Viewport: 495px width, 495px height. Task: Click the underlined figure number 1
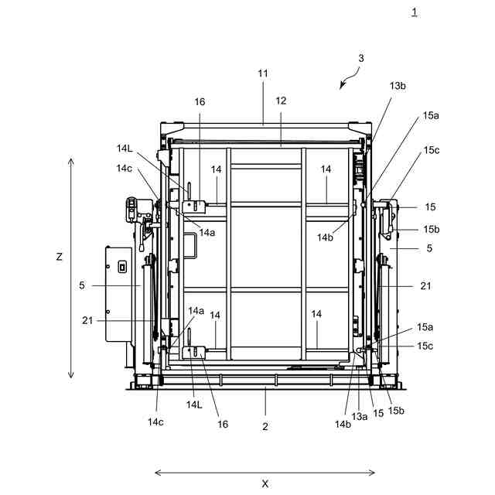click(x=415, y=12)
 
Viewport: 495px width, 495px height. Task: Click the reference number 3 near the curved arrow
click(x=360, y=58)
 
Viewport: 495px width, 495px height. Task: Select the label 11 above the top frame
click(x=263, y=73)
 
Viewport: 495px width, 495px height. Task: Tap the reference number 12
click(x=281, y=101)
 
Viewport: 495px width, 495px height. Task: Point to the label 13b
click(x=398, y=86)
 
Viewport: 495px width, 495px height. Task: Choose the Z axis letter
click(x=60, y=257)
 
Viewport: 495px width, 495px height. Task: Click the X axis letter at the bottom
click(x=265, y=484)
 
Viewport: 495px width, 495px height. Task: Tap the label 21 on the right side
click(x=425, y=286)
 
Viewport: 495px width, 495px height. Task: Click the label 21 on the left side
click(x=87, y=319)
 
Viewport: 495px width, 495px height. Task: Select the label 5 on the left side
click(x=82, y=285)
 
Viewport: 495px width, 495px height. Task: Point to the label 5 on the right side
click(x=429, y=248)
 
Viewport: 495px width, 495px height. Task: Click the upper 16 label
click(x=200, y=101)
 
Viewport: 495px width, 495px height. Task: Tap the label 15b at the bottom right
click(x=396, y=410)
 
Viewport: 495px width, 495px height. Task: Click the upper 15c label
click(x=430, y=150)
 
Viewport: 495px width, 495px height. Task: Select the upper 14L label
click(x=125, y=148)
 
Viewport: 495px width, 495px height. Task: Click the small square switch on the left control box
click(x=121, y=267)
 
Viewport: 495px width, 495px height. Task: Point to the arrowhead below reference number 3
click(x=342, y=87)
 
